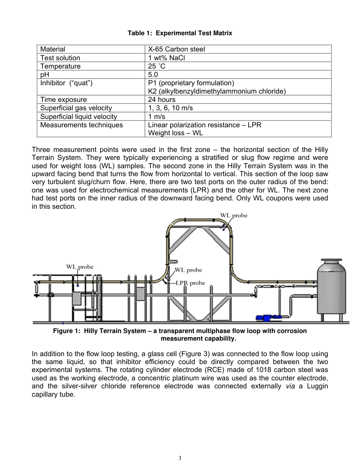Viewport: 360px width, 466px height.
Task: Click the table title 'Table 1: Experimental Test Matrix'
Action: [180, 33]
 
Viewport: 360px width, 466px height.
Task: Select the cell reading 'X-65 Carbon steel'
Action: [176, 49]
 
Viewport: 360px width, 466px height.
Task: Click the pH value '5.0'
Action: [153, 75]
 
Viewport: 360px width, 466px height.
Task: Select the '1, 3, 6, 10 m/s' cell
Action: [170, 108]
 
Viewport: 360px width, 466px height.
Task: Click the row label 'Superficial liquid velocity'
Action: [78, 117]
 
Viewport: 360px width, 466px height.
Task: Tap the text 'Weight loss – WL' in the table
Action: [175, 133]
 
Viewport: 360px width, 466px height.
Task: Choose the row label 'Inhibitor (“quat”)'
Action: [66, 83]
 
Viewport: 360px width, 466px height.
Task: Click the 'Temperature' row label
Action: [60, 66]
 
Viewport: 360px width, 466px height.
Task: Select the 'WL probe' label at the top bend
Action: [233, 216]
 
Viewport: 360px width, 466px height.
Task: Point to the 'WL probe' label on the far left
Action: [80, 267]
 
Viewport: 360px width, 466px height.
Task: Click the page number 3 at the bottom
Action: [180, 458]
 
